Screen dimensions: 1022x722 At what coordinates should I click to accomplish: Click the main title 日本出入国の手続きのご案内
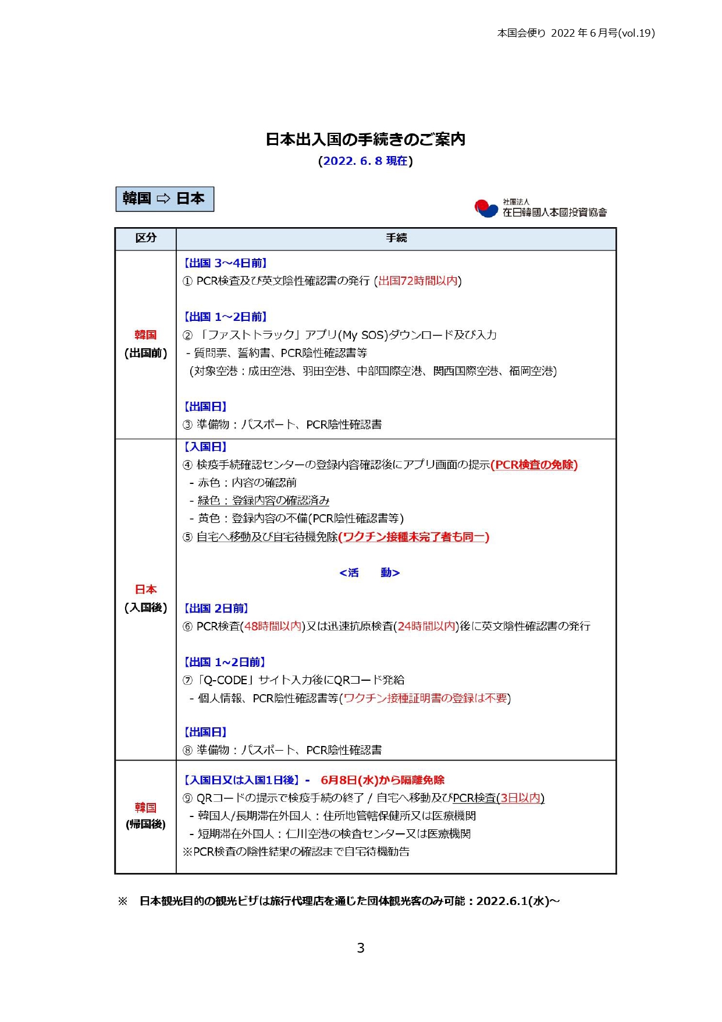365,140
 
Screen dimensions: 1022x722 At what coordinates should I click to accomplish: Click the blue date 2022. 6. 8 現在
365,161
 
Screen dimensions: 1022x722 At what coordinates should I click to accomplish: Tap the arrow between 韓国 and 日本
163,199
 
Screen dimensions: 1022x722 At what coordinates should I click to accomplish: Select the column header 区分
145,238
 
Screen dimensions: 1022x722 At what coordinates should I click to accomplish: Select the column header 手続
396,238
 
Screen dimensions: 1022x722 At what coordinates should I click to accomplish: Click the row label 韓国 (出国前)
145,344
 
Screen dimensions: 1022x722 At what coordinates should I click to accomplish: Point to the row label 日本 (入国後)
145,599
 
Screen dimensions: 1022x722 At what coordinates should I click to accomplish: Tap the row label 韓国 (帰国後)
145,816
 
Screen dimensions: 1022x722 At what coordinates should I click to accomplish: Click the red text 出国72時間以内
418,281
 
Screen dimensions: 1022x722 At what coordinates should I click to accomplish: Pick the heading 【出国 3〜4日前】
225,263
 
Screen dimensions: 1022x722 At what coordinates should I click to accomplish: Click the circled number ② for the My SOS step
187,335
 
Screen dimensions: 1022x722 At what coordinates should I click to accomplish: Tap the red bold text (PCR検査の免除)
534,465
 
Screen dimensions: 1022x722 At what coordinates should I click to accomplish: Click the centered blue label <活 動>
369,573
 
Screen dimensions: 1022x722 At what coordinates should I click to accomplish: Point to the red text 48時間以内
273,627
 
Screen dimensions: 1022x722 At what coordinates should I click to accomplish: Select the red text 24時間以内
426,627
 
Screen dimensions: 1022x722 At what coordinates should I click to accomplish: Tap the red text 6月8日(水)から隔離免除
382,780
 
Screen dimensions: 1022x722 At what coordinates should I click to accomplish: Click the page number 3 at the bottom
361,948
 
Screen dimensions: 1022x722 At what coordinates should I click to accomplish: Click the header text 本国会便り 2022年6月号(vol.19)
575,33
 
